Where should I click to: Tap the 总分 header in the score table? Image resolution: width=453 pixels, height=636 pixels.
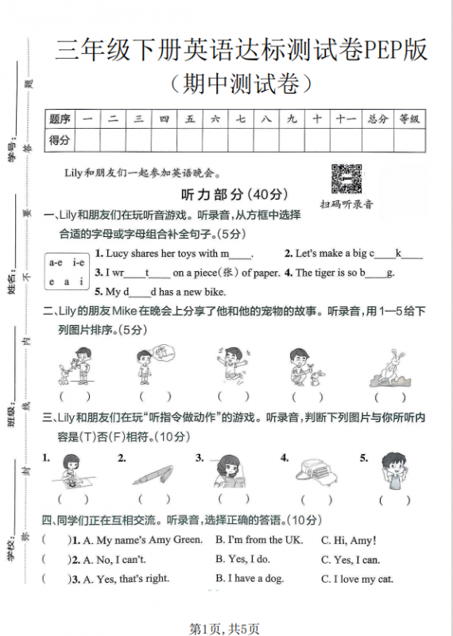tap(377, 119)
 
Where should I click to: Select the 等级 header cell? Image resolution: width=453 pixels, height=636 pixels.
tap(408, 119)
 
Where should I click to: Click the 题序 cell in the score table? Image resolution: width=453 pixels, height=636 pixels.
tap(60, 119)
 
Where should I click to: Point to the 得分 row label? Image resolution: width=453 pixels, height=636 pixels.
tap(60, 140)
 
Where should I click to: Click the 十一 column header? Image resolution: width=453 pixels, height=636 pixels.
tap(345, 119)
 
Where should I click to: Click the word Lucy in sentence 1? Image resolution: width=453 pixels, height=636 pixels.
tap(118, 254)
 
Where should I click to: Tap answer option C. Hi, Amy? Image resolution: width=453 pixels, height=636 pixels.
tap(348, 541)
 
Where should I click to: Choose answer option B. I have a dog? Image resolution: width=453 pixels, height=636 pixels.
tap(249, 579)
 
